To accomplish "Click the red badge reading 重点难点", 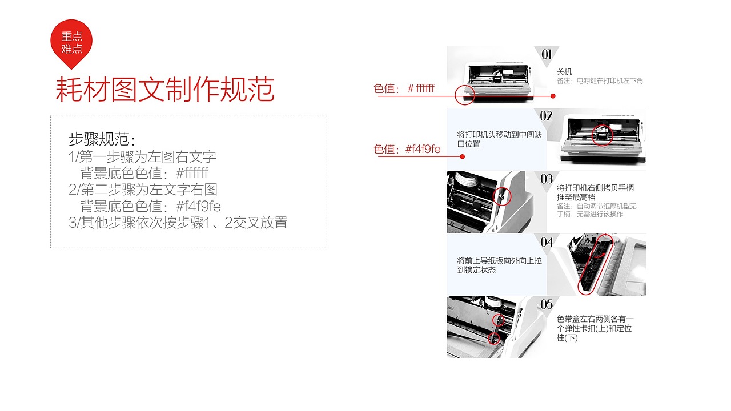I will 71,42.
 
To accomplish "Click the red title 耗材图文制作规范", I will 165,90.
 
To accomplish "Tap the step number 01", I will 547,54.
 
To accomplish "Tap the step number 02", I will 546,116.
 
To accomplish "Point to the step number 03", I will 547,179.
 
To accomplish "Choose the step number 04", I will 547,242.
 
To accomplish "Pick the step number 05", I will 547,304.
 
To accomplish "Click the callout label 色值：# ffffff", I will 404,88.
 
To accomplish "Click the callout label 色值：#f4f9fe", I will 407,150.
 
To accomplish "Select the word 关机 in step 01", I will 564,72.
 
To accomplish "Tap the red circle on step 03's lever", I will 500,196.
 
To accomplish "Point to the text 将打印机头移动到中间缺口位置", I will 499,139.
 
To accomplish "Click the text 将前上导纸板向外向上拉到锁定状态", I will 499,265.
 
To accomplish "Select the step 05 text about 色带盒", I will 595,328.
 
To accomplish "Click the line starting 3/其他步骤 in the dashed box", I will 178,223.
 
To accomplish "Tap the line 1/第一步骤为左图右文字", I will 142,156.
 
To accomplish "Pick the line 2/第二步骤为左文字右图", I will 143,190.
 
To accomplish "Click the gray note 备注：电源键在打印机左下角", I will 600,81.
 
